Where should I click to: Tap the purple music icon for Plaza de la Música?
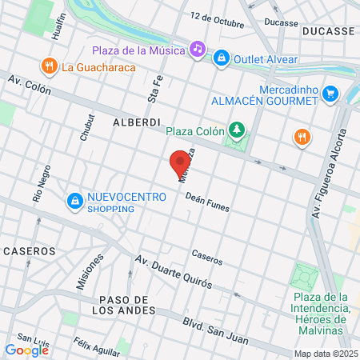click(197, 50)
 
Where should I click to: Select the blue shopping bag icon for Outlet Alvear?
click(221, 58)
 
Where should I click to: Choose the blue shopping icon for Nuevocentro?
click(74, 200)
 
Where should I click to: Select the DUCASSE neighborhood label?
click(329, 30)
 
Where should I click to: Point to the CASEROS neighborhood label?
click(30, 250)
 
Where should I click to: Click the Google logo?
click(26, 350)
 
